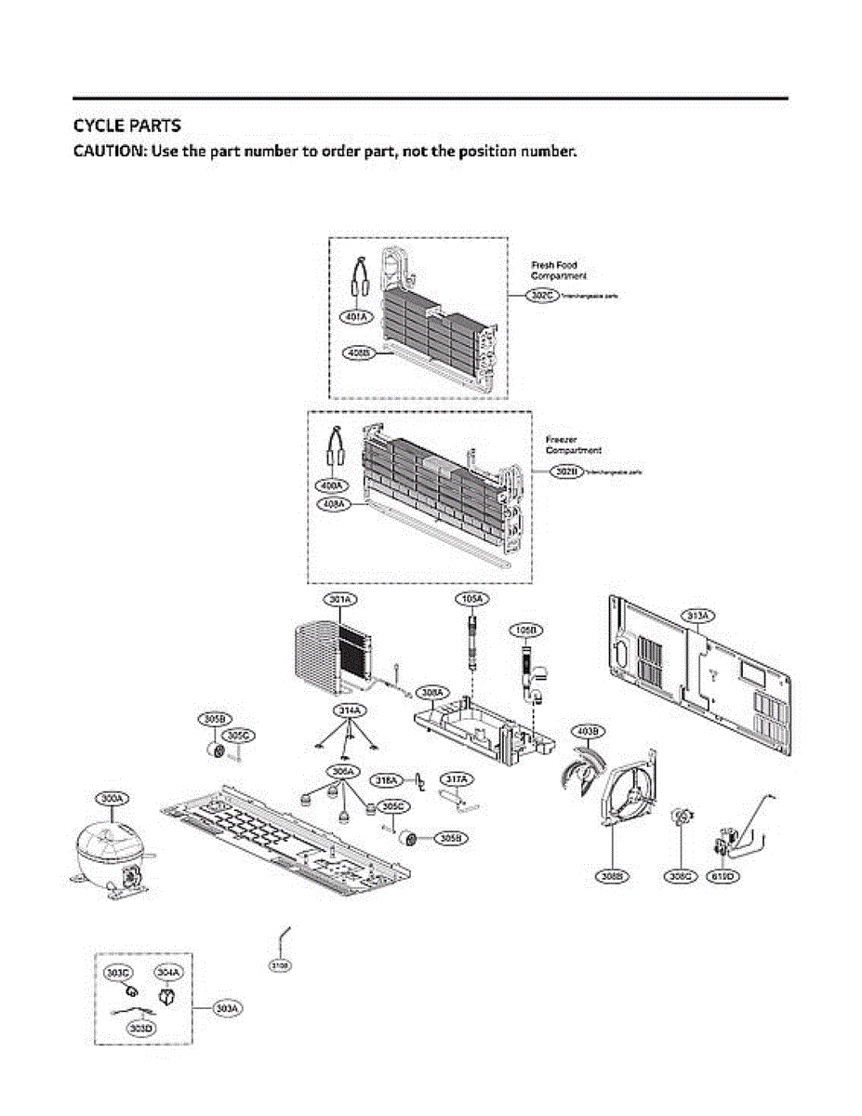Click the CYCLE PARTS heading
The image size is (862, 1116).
[x=126, y=125]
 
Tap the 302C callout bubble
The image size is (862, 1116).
[x=542, y=295]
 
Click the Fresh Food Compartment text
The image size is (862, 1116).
[x=558, y=271]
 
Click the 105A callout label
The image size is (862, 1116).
[x=472, y=600]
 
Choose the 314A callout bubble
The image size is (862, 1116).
[x=348, y=711]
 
